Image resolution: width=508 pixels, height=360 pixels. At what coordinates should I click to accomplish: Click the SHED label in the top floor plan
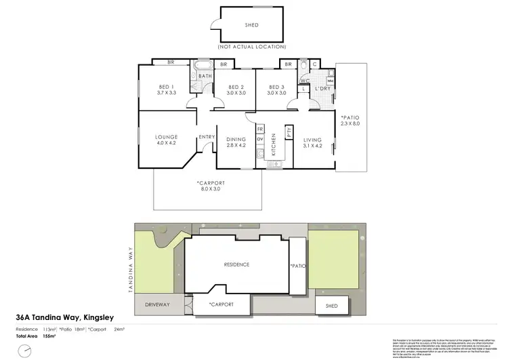251,26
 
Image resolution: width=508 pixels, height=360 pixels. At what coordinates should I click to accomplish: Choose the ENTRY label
207,138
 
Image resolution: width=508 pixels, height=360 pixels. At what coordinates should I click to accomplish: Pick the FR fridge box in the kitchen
260,128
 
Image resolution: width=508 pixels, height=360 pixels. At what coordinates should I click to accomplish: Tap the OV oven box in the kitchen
260,139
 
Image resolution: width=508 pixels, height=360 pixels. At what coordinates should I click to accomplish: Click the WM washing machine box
331,81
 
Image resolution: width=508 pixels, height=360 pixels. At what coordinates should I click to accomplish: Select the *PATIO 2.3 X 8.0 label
351,120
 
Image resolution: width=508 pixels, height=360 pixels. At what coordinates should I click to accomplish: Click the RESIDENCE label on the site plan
237,264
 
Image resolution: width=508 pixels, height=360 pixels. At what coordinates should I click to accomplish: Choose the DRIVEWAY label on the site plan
157,305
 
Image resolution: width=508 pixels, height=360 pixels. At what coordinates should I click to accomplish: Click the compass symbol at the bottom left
25,351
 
